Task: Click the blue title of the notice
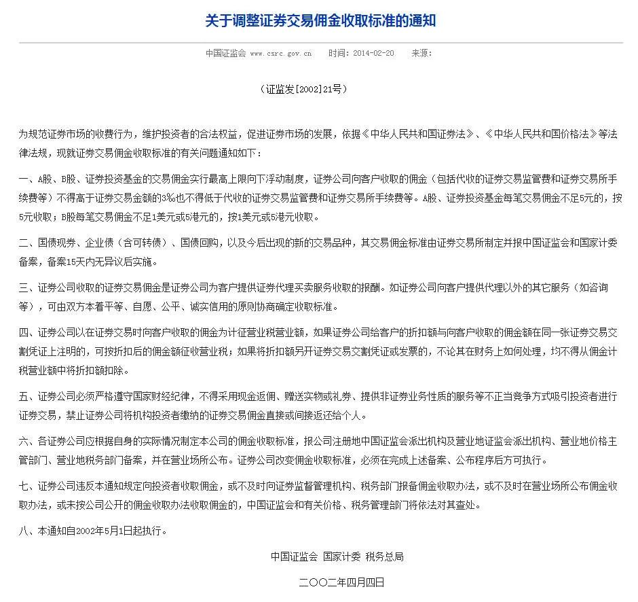pyautogui.click(x=320, y=21)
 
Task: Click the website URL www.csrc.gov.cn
pyautogui.click(x=281, y=53)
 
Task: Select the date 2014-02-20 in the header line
pyautogui.click(x=373, y=53)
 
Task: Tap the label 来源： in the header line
pyautogui.click(x=421, y=53)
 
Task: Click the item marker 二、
pyautogui.click(x=28, y=243)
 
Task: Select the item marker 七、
pyautogui.click(x=28, y=486)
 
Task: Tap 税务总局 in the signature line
pyautogui.click(x=385, y=556)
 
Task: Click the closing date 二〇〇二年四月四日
pyautogui.click(x=341, y=582)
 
